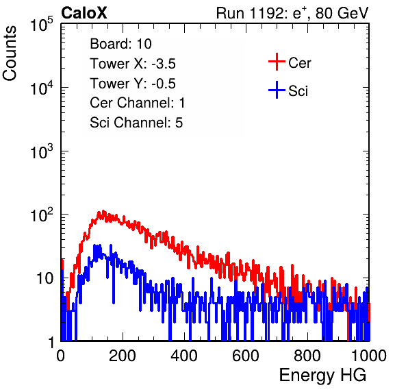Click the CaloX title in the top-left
84,13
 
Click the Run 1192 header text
292,13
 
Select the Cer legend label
299,63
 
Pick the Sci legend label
298,91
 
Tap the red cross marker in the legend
277,62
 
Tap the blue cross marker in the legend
277,90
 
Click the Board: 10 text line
120,44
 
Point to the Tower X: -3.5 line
133,64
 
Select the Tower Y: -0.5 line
133,84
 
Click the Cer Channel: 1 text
138,103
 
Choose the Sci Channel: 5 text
136,123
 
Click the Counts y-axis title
10,53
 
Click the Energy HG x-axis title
322,376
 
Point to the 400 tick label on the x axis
184,356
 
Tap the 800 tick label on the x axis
307,356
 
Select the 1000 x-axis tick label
369,356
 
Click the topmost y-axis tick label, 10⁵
42,25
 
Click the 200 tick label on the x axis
123,356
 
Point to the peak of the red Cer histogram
103,211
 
